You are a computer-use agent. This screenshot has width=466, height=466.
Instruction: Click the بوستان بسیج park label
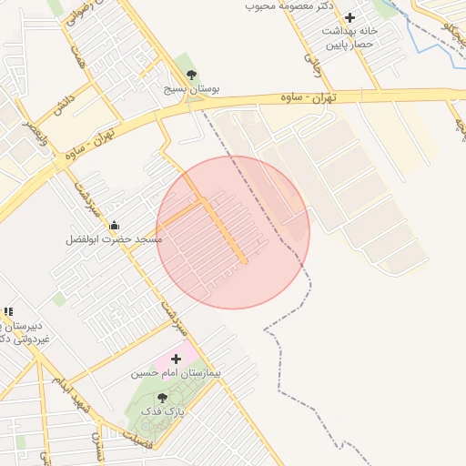tap(192, 91)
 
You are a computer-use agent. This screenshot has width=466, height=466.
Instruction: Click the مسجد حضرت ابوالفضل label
tap(114, 239)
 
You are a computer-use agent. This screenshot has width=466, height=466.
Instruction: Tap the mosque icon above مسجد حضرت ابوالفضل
tap(114, 225)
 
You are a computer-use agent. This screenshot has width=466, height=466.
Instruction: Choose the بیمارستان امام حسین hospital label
tap(176, 373)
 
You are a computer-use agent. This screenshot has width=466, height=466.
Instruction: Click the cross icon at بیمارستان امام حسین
tap(176, 360)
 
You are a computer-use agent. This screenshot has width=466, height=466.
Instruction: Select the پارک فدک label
tap(163, 412)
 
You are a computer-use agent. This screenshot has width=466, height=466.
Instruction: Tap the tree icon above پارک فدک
tap(163, 398)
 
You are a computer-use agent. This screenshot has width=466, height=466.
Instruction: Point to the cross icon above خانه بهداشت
tap(349, 17)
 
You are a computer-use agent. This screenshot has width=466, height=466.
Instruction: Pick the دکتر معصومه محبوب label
tap(290, 6)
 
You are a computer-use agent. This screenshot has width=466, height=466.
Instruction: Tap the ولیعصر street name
tap(32, 137)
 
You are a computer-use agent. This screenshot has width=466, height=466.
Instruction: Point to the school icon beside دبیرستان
tap(8, 312)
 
